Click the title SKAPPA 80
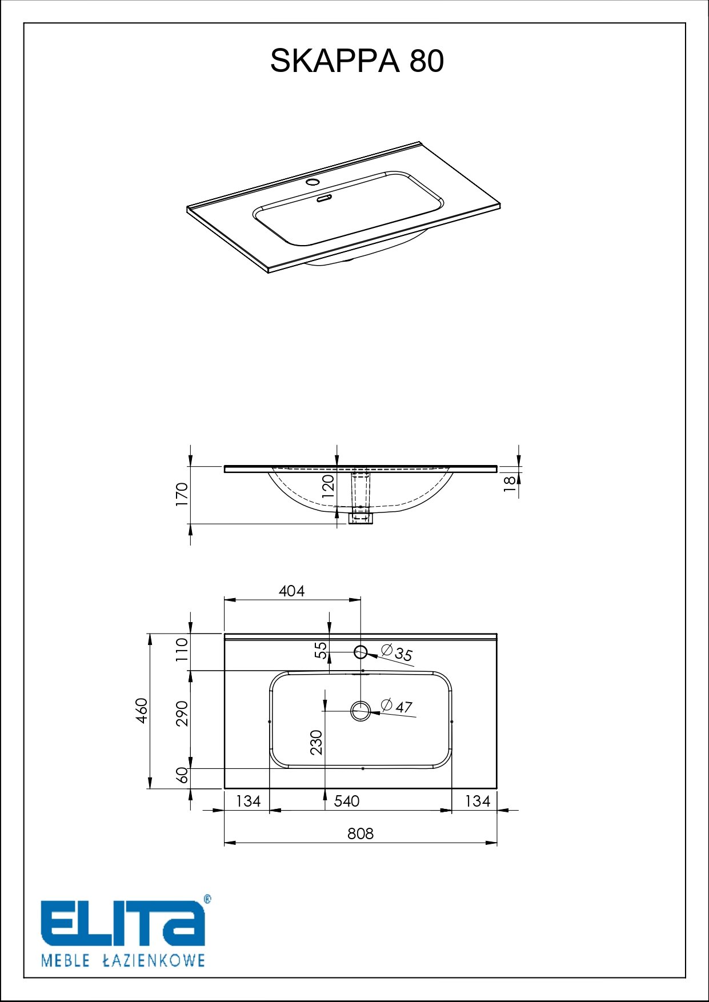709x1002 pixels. tap(356, 61)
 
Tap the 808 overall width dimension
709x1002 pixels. tap(360, 833)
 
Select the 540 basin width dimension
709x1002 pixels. tap(347, 801)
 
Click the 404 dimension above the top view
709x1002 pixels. tap(292, 591)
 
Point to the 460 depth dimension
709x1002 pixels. tap(141, 710)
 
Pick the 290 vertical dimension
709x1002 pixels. tap(182, 713)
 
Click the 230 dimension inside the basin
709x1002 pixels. tap(317, 742)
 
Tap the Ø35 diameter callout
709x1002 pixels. tap(396, 652)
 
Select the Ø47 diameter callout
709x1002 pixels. tap(396, 706)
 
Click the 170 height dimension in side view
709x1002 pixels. tap(182, 494)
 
